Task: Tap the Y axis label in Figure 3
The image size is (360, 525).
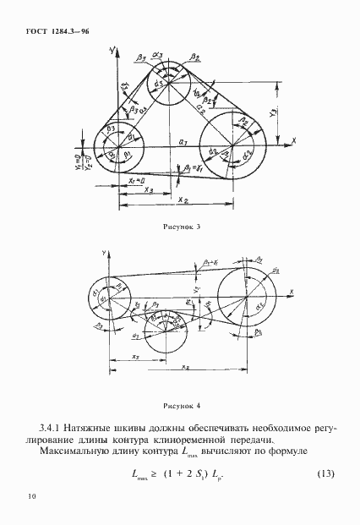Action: (x=112, y=52)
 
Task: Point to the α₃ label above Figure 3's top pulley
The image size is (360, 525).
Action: (x=169, y=57)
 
